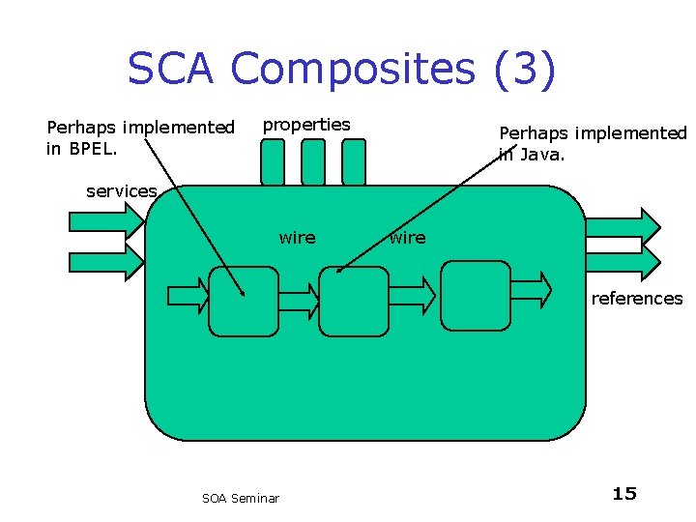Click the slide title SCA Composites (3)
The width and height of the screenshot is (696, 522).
tap(341, 70)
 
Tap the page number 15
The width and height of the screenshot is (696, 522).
tap(624, 494)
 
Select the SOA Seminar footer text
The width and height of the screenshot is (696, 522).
tap(241, 498)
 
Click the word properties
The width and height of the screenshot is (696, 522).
tap(306, 125)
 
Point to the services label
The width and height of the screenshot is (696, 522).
tap(121, 191)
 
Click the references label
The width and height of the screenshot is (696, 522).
tap(636, 299)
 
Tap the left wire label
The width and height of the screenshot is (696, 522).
tap(297, 238)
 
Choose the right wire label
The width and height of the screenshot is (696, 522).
tap(407, 238)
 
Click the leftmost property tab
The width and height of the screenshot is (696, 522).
tap(274, 161)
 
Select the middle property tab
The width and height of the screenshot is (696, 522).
tap(313, 161)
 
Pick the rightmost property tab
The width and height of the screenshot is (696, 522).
tap(354, 161)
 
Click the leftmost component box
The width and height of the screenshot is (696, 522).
tap(244, 301)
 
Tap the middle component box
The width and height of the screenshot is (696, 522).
tap(353, 301)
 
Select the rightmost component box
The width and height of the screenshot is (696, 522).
tap(475, 295)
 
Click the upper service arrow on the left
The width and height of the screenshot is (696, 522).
tap(106, 220)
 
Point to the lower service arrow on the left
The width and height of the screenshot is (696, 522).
tap(106, 260)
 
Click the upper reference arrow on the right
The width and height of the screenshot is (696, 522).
tap(623, 224)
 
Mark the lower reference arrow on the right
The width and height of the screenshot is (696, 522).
tap(623, 260)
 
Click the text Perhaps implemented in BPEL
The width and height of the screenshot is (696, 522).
tap(140, 137)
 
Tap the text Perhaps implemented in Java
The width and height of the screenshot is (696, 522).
tap(592, 143)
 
